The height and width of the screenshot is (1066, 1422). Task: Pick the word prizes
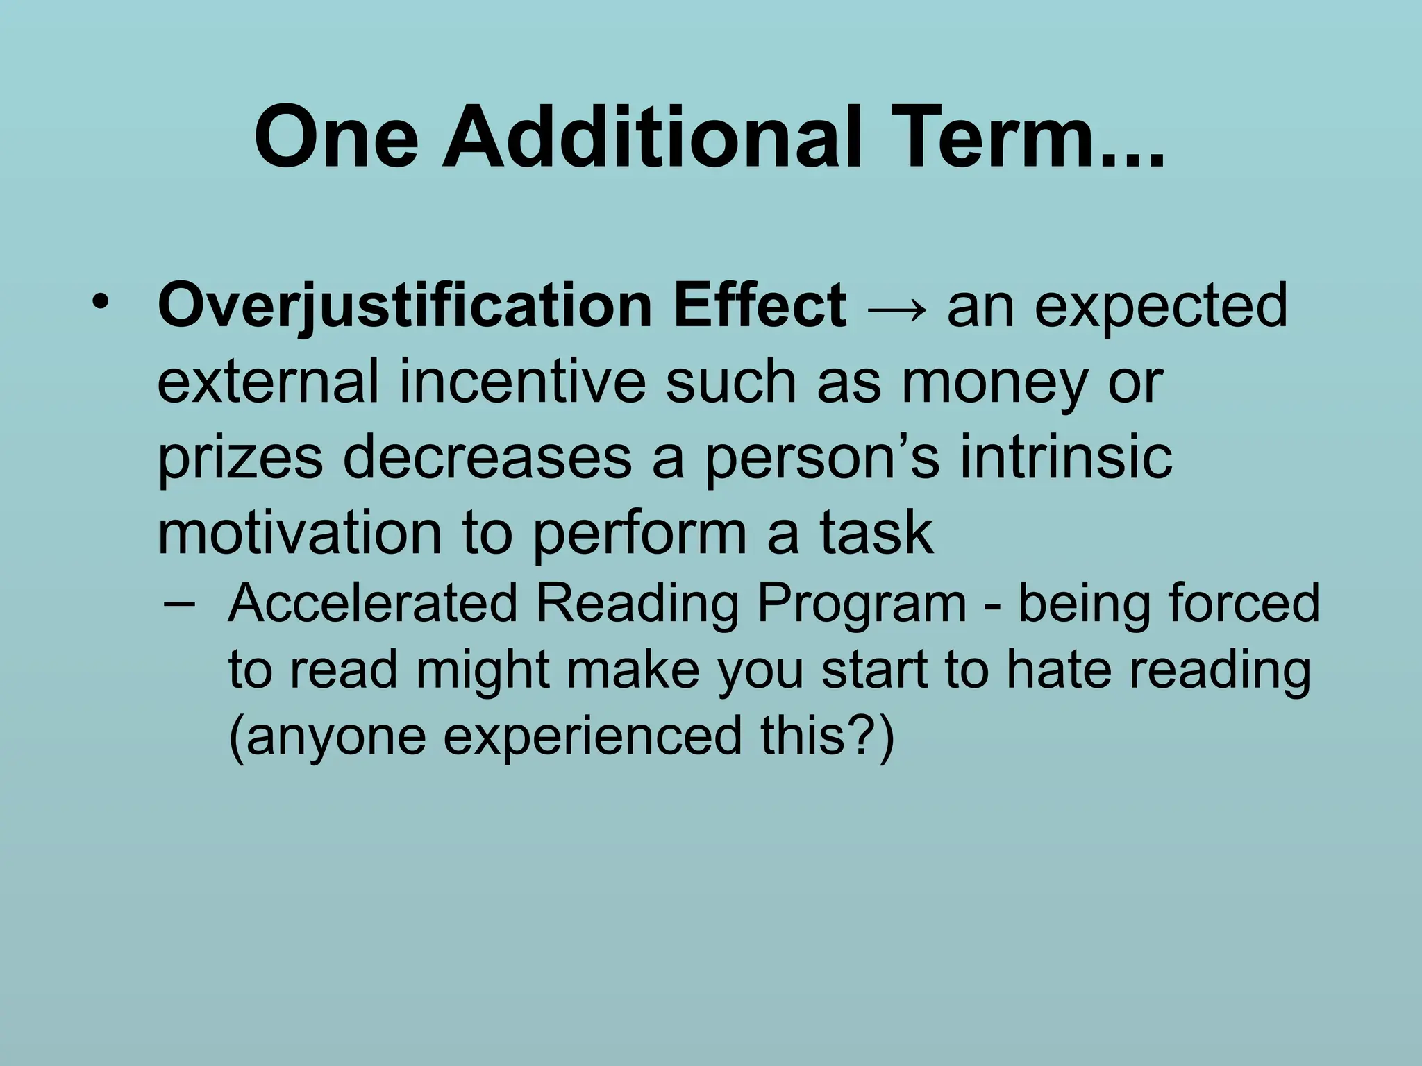point(240,459)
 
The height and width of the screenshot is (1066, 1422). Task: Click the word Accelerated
point(373,602)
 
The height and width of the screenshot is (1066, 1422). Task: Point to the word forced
point(1244,602)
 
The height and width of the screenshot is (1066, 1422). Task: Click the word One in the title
point(337,137)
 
